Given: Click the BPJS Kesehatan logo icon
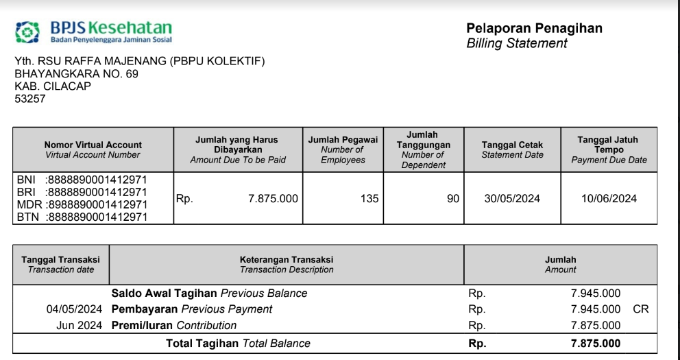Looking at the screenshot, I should [x=28, y=31].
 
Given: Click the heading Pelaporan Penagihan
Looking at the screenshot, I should [x=534, y=28].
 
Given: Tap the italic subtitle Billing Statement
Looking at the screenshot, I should [x=517, y=44].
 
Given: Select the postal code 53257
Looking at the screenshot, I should [x=30, y=99].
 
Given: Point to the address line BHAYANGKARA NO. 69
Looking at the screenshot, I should [x=76, y=74].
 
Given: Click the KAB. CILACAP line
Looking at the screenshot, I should [x=53, y=86].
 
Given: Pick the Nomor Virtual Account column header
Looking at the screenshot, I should [x=93, y=149].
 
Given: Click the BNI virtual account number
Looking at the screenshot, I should [x=96, y=180].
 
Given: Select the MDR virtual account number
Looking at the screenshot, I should [x=96, y=204].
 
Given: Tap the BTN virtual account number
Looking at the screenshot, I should [x=96, y=217].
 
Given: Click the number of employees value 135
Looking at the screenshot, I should [x=369, y=199].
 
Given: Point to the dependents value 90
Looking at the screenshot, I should [x=452, y=199].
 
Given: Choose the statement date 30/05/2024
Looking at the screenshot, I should [x=512, y=199].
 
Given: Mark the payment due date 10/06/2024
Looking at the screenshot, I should [x=609, y=199].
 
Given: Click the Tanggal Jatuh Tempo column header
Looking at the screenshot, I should [x=609, y=149].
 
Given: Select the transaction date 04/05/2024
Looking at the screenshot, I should [x=74, y=309].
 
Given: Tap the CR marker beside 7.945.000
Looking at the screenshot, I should [x=640, y=309].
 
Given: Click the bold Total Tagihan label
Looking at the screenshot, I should [x=202, y=344].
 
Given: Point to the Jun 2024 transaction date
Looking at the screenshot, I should [x=79, y=326].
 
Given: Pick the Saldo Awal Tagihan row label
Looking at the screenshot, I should [x=165, y=293].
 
